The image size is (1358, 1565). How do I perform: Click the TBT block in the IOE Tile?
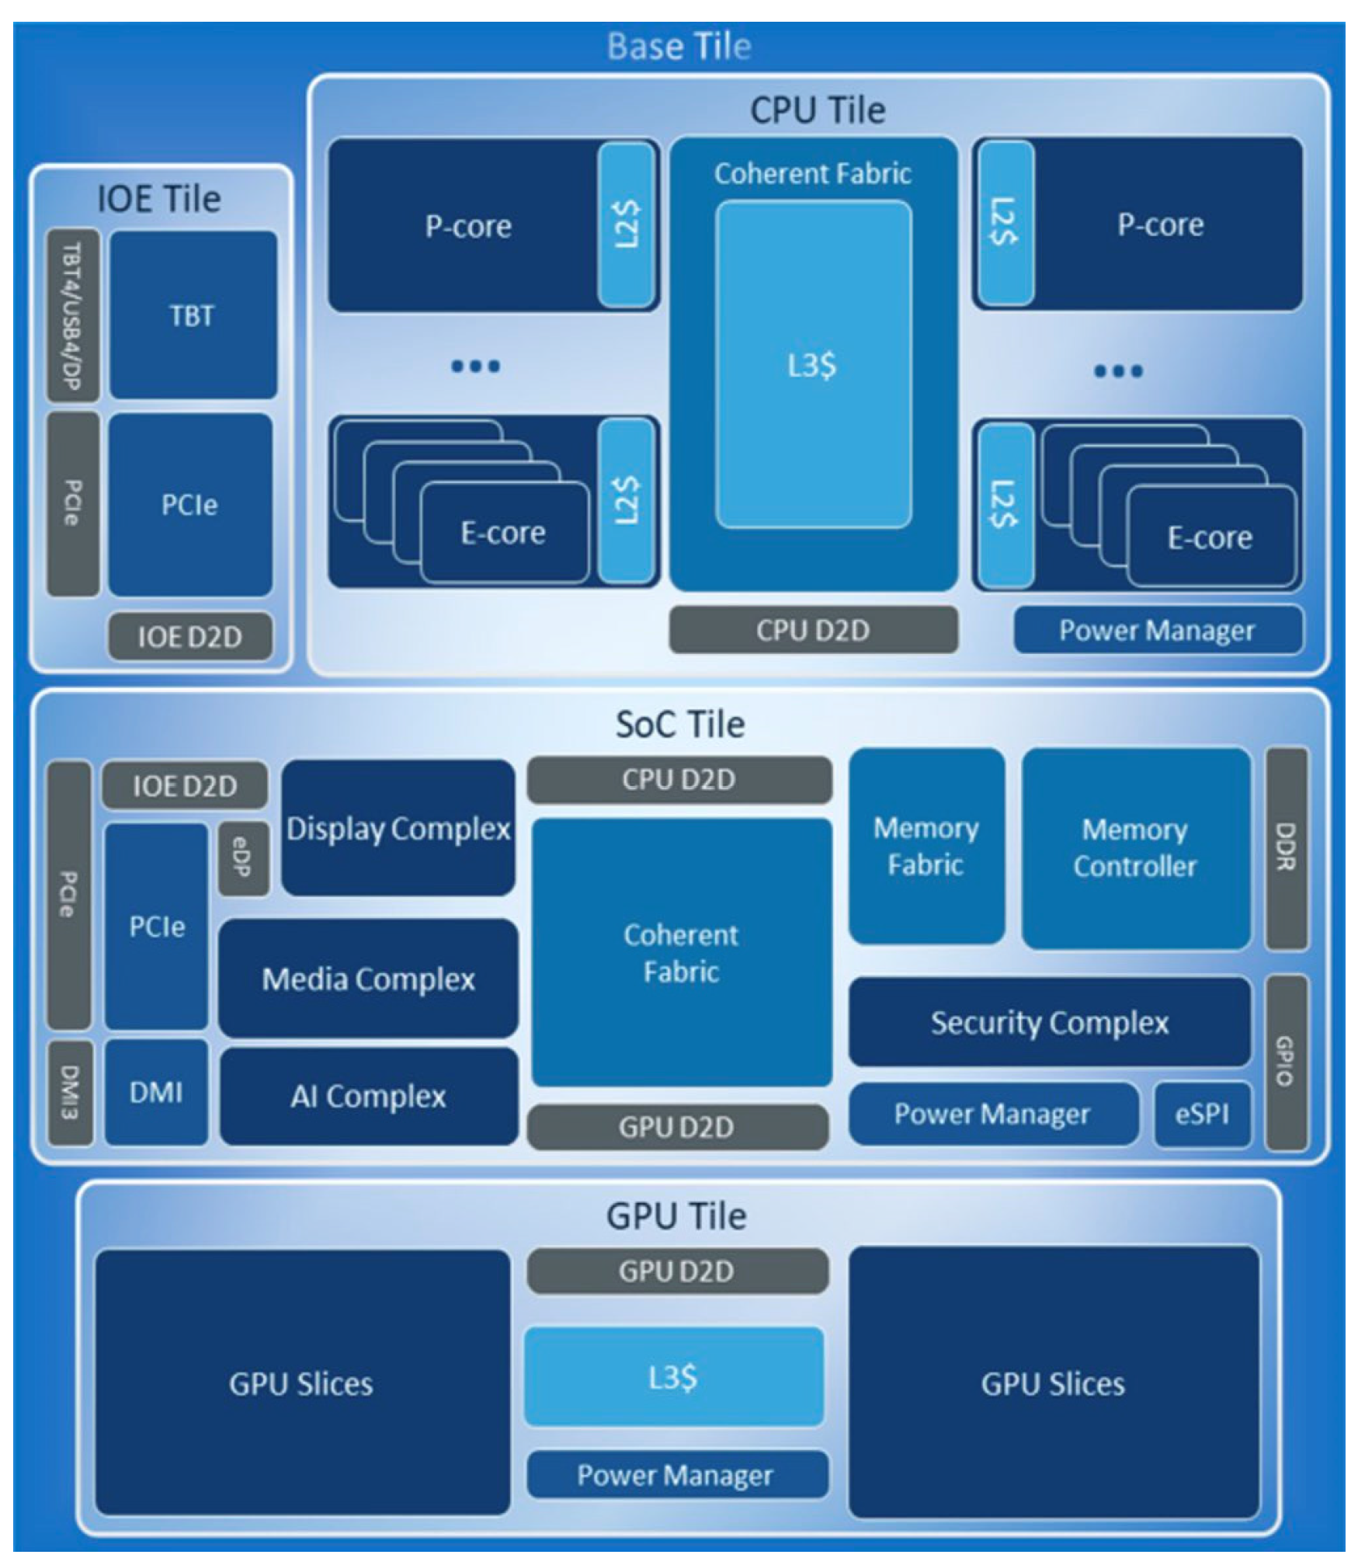click(x=193, y=315)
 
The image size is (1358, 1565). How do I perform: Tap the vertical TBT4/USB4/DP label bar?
click(x=72, y=315)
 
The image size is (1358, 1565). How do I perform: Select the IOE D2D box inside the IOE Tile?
click(x=189, y=637)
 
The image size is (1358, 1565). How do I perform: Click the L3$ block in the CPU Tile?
click(x=813, y=365)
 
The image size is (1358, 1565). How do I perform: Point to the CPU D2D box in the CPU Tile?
click(x=813, y=630)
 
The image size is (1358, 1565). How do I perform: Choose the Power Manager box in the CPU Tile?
click(x=1157, y=630)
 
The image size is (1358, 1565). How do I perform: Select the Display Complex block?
click(x=398, y=828)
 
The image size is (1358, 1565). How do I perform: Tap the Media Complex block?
click(x=368, y=979)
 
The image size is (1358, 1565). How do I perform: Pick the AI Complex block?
click(x=368, y=1096)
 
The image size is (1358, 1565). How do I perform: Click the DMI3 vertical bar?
click(x=70, y=1093)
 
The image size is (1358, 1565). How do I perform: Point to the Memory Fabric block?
click(x=926, y=847)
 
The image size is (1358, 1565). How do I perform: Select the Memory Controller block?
click(x=1135, y=848)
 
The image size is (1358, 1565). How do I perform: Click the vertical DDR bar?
click(x=1286, y=848)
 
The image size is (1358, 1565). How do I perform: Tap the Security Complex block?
click(x=1049, y=1022)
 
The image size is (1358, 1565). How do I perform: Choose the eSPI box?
click(x=1202, y=1114)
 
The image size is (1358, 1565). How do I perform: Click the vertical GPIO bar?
click(x=1286, y=1061)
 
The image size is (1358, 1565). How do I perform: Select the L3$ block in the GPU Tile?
click(x=673, y=1377)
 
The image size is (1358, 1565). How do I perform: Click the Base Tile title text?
click(x=679, y=46)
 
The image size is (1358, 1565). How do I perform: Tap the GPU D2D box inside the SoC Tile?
click(x=676, y=1127)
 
